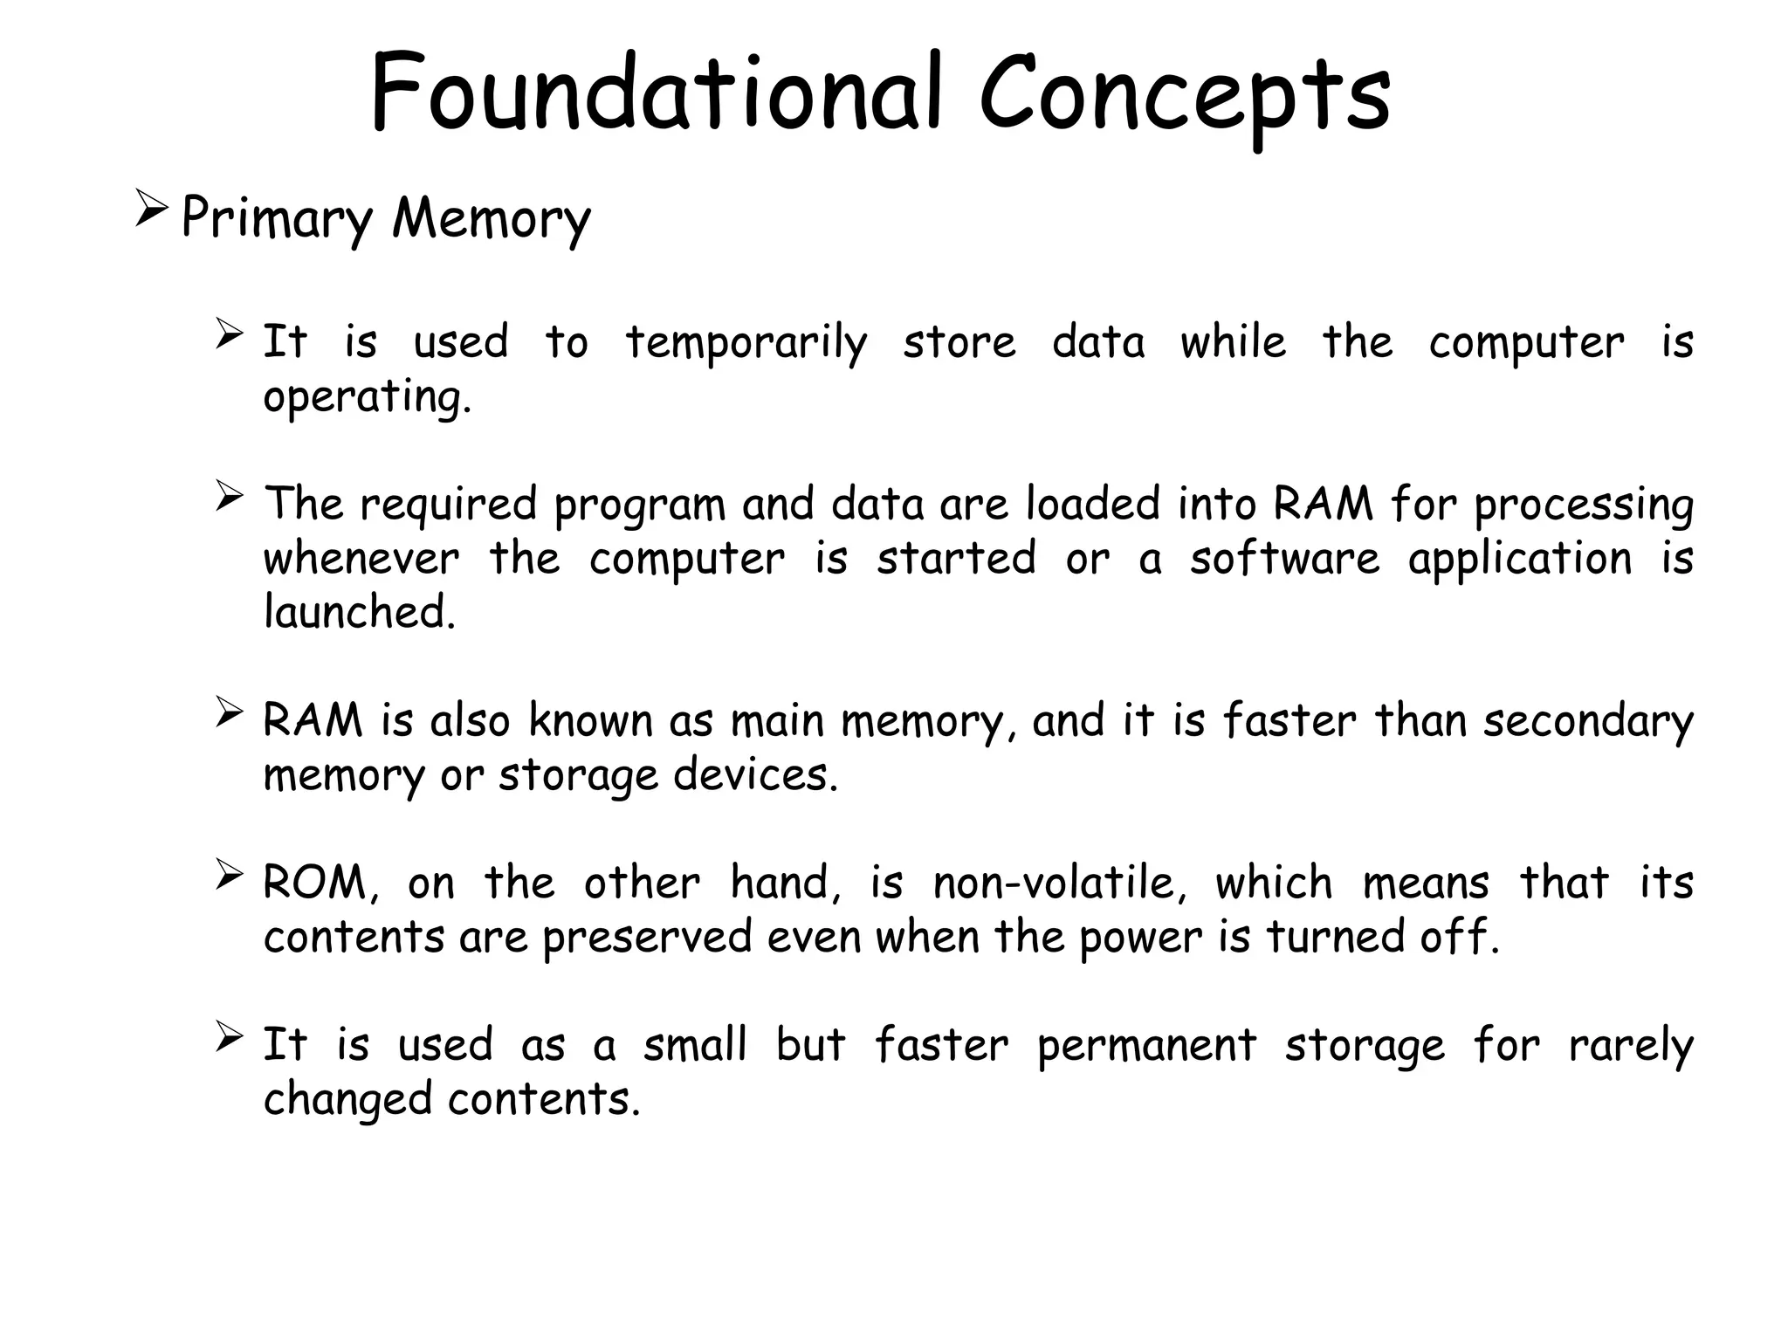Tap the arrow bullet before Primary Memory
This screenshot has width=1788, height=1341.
click(x=151, y=211)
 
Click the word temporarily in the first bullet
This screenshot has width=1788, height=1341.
click(x=746, y=342)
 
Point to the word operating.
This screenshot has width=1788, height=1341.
click(x=367, y=398)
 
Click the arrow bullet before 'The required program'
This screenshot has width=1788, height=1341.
click(x=229, y=498)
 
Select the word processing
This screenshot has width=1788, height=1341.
click(x=1584, y=506)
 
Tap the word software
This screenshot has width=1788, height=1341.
click(x=1284, y=559)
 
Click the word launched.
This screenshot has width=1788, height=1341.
click(x=359, y=612)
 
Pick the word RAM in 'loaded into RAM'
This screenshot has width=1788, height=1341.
click(x=1323, y=505)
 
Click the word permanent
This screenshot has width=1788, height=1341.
click(x=1146, y=1045)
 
